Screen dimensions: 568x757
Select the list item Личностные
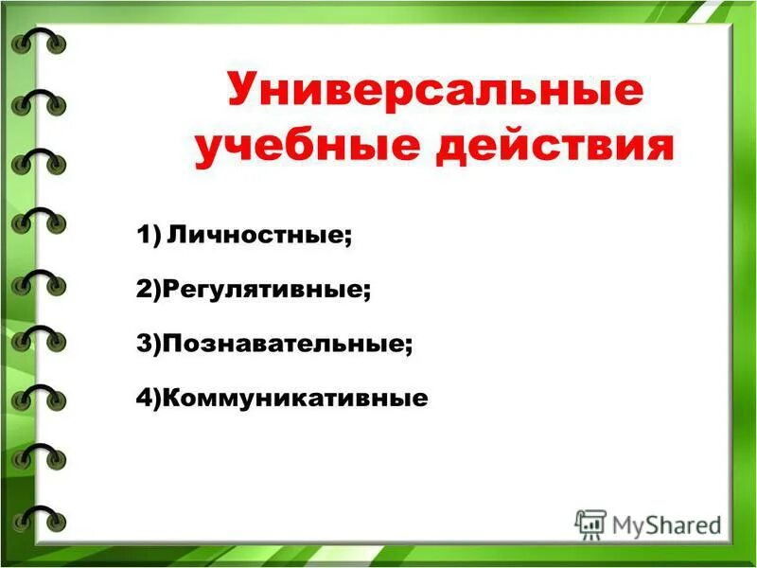(x=256, y=234)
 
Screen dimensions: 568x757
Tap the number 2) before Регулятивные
(x=149, y=289)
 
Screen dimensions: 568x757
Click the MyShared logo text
(x=666, y=524)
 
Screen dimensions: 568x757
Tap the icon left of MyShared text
(x=590, y=523)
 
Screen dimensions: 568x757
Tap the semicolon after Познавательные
(x=409, y=346)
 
